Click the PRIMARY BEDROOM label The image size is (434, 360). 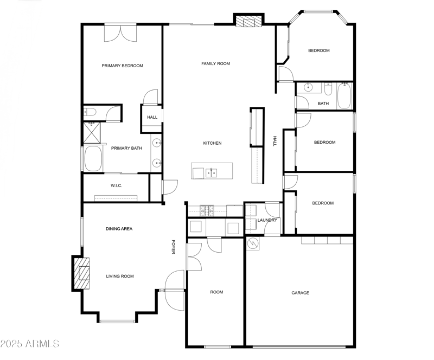pos(122,66)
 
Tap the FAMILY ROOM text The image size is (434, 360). pos(215,63)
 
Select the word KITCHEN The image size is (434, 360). pos(212,143)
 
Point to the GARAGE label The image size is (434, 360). pos(300,293)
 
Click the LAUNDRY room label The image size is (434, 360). pos(267,220)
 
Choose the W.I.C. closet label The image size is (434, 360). pos(116,185)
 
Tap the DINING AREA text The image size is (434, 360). pos(119,229)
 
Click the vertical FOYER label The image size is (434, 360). pos(174,247)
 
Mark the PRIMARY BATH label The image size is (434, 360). pos(126,148)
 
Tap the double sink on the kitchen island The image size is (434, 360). pos(212,173)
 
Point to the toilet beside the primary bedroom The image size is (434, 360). pos(90,113)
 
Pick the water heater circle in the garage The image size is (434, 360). pos(253,244)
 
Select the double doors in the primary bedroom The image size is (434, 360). pos(120,33)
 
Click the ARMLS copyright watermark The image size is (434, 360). pos(30,344)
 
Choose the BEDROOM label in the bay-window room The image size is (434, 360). pos(318,50)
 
